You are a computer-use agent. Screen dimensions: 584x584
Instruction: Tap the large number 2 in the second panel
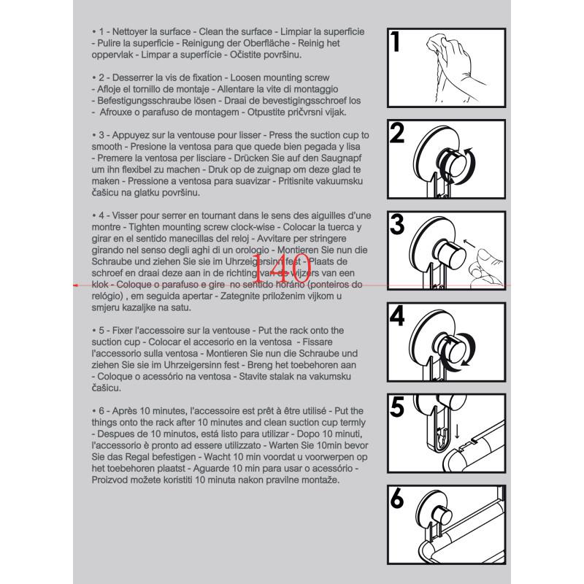click(397, 134)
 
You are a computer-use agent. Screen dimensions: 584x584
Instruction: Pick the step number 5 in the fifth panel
click(397, 407)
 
